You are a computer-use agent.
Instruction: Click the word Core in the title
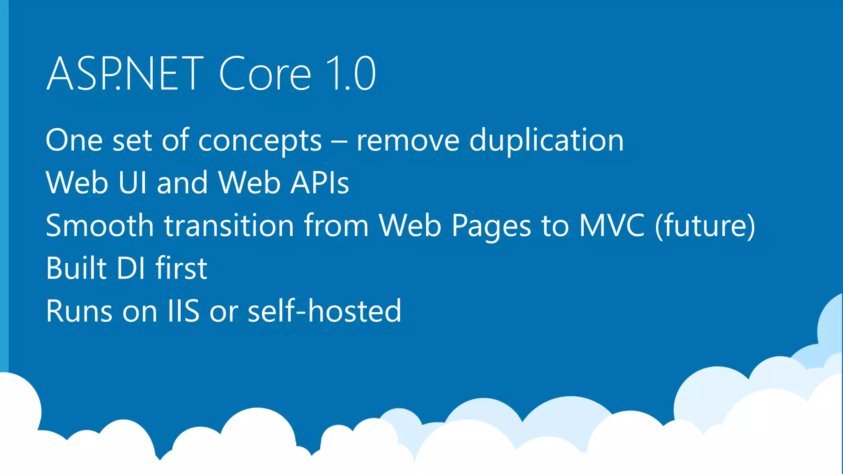[265, 74]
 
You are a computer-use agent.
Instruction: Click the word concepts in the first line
[260, 141]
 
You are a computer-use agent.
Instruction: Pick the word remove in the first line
[408, 141]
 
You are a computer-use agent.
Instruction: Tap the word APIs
[320, 183]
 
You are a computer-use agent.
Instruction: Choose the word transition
[229, 225]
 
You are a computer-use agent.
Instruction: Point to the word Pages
[491, 226]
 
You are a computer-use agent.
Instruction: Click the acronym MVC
[612, 225]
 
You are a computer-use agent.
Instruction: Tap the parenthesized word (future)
[705, 226]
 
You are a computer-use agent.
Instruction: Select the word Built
[77, 268]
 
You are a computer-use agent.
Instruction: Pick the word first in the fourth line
[181, 268]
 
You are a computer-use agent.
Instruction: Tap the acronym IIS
[183, 311]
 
